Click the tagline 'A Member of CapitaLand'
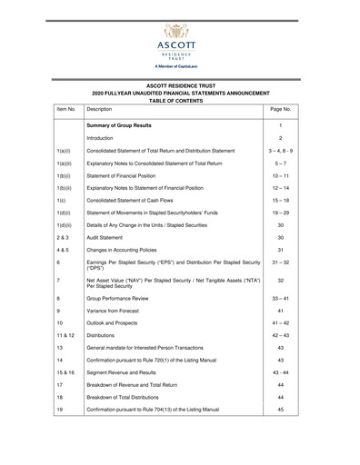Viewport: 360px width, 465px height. pyautogui.click(x=180, y=68)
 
